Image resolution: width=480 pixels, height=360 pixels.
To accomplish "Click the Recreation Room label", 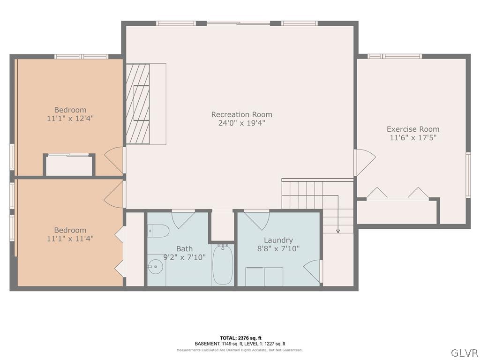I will click(x=241, y=114).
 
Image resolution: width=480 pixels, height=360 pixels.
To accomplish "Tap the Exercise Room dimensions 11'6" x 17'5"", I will click(x=413, y=138).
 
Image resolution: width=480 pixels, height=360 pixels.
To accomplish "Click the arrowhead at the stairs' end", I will click(x=337, y=231).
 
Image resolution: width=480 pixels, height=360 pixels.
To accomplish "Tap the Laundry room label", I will click(x=278, y=240).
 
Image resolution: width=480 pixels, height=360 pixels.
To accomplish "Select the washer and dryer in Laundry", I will click(x=264, y=277).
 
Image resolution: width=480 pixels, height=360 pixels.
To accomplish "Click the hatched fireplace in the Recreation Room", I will click(x=138, y=104).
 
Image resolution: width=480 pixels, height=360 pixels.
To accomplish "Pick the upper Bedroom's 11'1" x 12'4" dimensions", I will click(x=70, y=119).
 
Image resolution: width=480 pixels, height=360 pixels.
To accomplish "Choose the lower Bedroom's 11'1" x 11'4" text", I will click(x=70, y=239).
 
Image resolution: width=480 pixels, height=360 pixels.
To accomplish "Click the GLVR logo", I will click(x=464, y=352).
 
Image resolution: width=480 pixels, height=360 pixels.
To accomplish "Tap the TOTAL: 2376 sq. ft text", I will click(x=240, y=338).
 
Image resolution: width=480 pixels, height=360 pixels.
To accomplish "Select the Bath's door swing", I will click(x=182, y=219).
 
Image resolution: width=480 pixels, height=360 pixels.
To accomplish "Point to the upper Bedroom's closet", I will click(x=69, y=165).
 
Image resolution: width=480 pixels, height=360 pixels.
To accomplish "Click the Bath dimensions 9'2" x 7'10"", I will click(x=184, y=257).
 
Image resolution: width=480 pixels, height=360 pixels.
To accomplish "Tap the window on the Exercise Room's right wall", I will click(x=468, y=174).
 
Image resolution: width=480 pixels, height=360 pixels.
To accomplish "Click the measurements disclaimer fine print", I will click(x=240, y=350).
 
